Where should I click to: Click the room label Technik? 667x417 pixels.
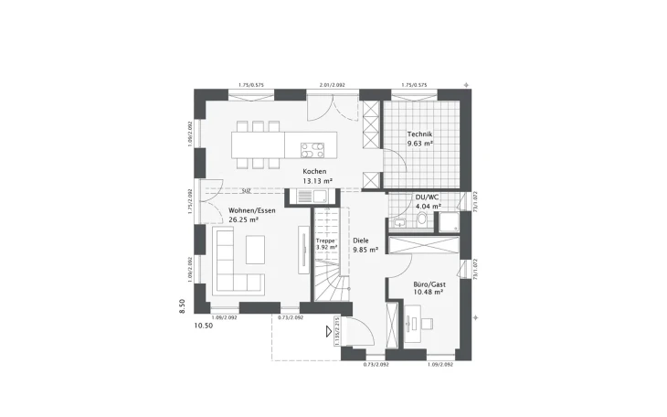[x=419, y=134]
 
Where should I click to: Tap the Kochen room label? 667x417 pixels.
[x=315, y=172]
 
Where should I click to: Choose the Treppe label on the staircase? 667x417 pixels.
[x=326, y=239]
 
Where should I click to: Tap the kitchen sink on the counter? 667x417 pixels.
[x=320, y=196]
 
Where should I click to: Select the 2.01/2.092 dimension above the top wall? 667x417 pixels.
[x=333, y=85]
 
